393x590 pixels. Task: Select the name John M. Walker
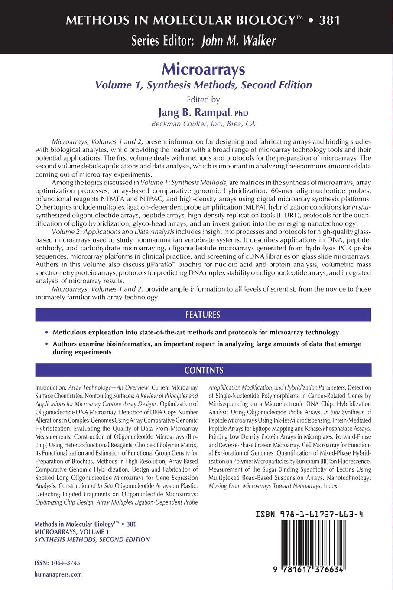(239, 41)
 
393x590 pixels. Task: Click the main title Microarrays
(203, 69)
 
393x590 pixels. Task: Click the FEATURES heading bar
(203, 315)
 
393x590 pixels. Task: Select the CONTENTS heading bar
(203, 370)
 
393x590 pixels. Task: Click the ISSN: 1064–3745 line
(57, 563)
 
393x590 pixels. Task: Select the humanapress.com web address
(58, 574)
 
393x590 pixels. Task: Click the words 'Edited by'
(203, 99)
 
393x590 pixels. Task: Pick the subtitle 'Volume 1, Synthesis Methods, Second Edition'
(203, 85)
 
